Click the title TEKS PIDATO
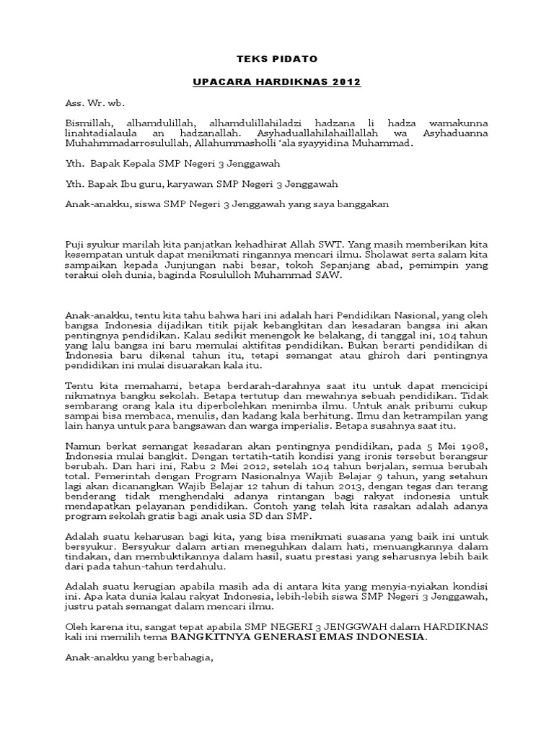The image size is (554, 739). [x=277, y=58]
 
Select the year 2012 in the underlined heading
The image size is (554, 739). [x=346, y=82]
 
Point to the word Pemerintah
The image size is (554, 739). [x=95, y=476]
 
